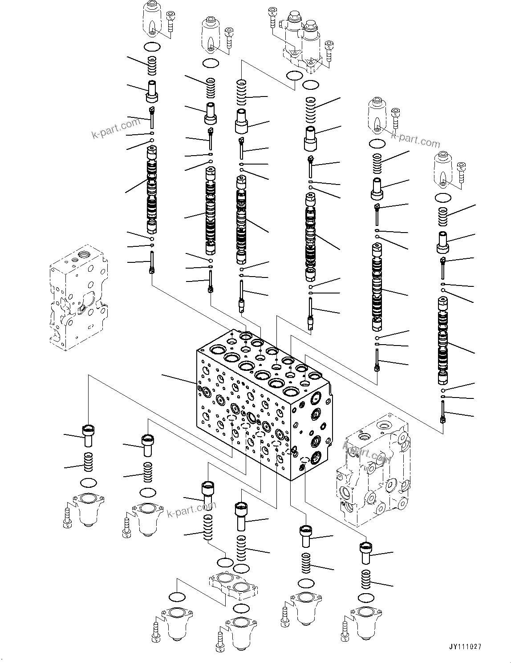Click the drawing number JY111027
click(466, 647)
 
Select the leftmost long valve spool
click(151, 191)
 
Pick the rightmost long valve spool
click(443, 340)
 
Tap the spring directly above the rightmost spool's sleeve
click(443, 218)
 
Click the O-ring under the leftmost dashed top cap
click(152, 47)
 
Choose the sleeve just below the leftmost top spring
click(152, 92)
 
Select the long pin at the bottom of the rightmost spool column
click(443, 411)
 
